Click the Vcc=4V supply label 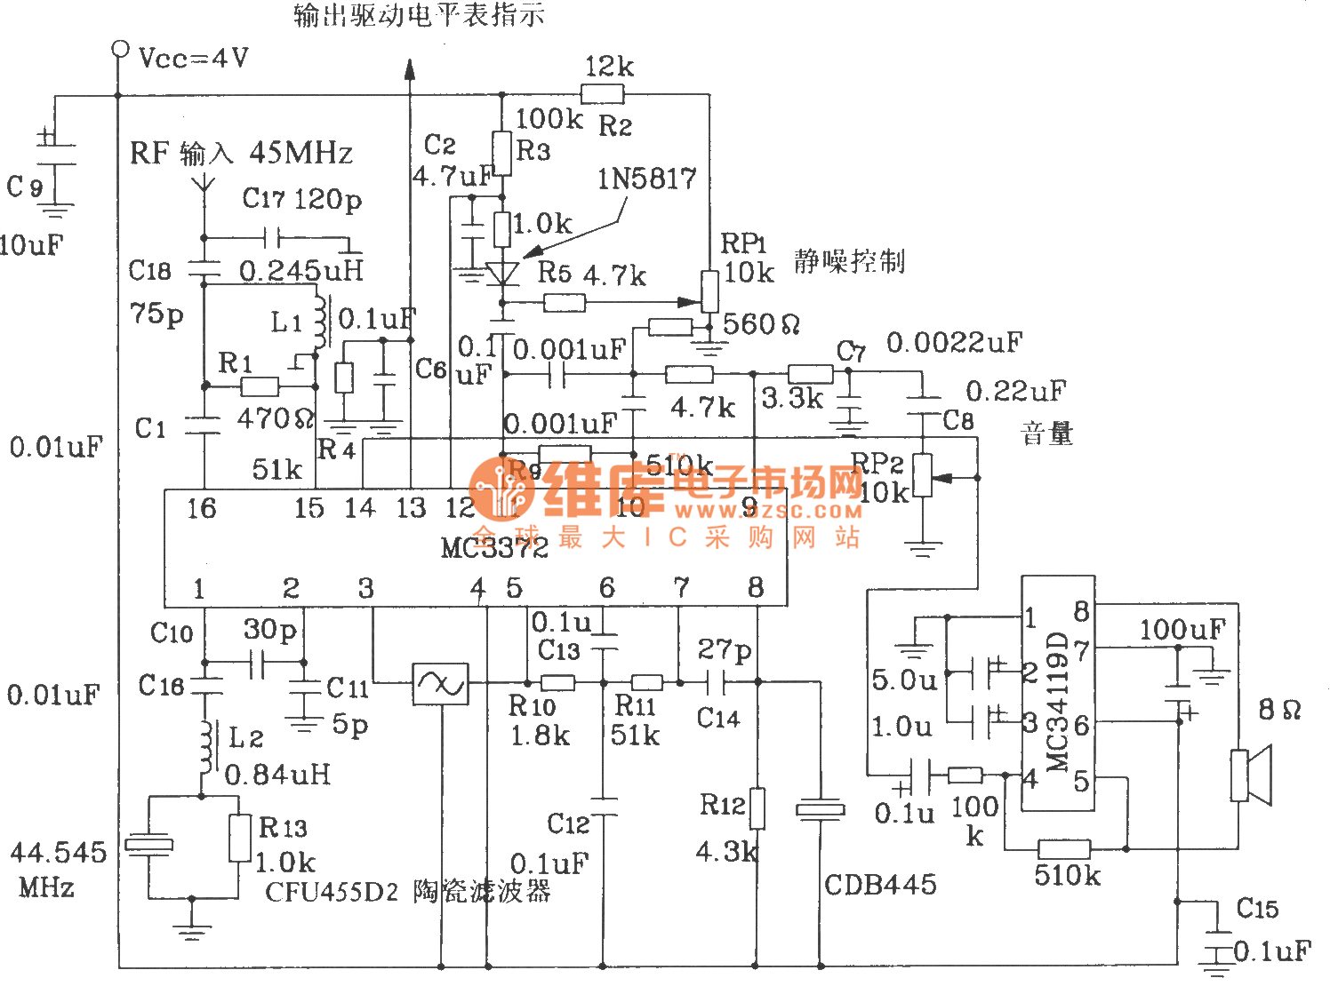click(x=194, y=59)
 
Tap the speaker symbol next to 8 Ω click(x=1250, y=775)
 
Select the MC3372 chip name click(x=494, y=547)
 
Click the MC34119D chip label click(x=1057, y=702)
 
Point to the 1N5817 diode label click(x=646, y=179)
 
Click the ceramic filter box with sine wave click(x=440, y=684)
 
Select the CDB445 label click(x=880, y=885)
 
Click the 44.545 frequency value click(x=58, y=853)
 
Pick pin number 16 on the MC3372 click(x=201, y=508)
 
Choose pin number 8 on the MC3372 click(x=756, y=587)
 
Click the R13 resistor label click(x=283, y=828)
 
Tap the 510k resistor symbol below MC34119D click(x=1063, y=848)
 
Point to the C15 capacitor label click(x=1257, y=908)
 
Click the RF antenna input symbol click(x=204, y=184)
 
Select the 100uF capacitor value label click(x=1182, y=630)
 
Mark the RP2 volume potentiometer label click(x=877, y=463)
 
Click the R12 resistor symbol click(x=757, y=808)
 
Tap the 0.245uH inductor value click(x=301, y=271)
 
